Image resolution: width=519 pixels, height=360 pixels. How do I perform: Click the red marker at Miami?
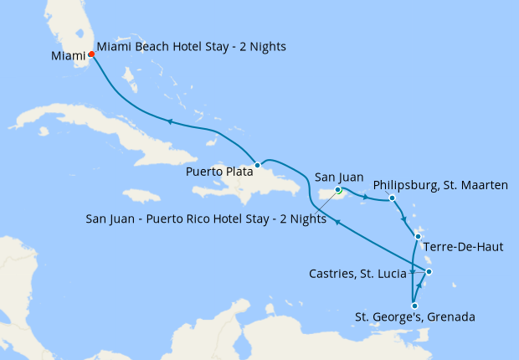[91, 55]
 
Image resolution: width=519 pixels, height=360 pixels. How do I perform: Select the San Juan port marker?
[338, 190]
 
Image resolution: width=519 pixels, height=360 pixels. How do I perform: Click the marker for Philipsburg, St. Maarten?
[392, 198]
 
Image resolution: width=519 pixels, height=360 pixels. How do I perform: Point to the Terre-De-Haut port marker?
[418, 237]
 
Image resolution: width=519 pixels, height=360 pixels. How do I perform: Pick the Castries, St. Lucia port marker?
[428, 271]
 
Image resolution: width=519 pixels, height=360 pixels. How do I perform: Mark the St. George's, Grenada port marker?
[414, 306]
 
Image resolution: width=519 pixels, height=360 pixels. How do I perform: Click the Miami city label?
[68, 56]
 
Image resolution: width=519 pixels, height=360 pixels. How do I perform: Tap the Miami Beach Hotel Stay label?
[191, 47]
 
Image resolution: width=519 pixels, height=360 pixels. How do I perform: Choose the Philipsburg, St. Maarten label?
[440, 184]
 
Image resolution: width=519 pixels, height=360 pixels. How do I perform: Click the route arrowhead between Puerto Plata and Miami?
[170, 121]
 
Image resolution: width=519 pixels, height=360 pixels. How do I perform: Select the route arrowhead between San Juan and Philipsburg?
[364, 198]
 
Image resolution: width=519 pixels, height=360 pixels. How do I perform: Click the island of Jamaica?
[143, 195]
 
